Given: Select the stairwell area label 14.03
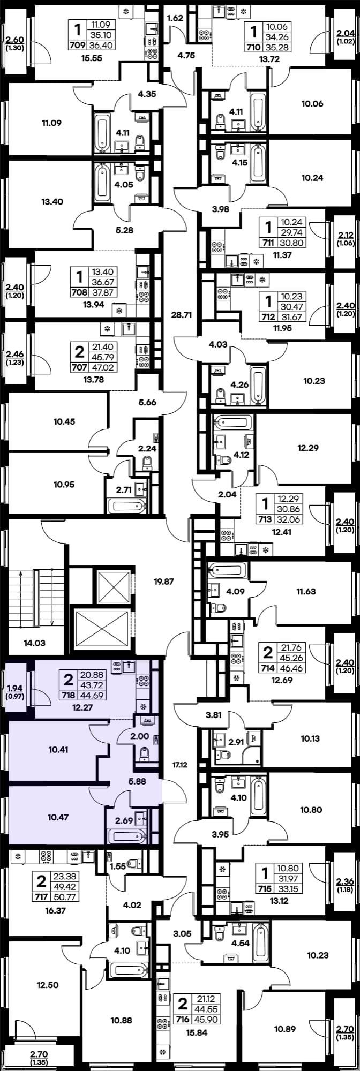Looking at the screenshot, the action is click(x=35, y=643).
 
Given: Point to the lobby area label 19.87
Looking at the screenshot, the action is click(x=164, y=581).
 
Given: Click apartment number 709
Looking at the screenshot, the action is click(x=78, y=45).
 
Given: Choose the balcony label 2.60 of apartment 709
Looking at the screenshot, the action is click(x=14, y=39).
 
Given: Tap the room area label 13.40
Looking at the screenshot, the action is click(x=52, y=202).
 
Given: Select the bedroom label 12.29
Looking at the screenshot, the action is click(x=308, y=448).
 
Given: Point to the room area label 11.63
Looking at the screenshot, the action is click(x=306, y=592).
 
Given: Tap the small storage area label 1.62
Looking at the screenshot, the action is click(x=176, y=18).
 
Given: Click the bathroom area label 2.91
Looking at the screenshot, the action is click(x=236, y=742).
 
